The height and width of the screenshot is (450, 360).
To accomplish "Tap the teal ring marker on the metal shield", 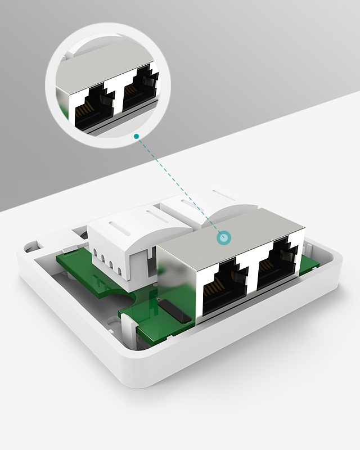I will click(x=225, y=238).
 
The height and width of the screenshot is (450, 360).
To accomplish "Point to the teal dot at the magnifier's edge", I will click(x=136, y=136).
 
